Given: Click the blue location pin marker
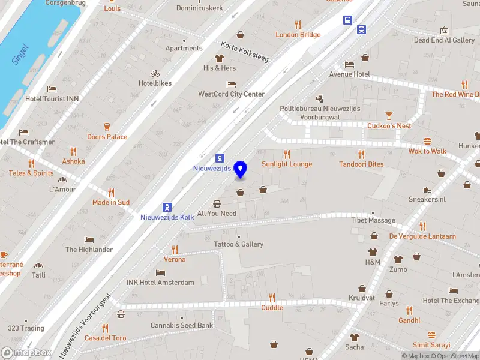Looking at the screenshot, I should click(241, 170).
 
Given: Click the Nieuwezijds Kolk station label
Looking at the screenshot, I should click(167, 217).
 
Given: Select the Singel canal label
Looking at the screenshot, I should click(20, 55).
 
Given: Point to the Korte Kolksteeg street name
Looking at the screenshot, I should click(245, 51).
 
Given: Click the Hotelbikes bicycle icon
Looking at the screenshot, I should click(155, 73).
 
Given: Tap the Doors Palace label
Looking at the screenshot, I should click(107, 137).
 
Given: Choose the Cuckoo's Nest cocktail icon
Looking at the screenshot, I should click(389, 115).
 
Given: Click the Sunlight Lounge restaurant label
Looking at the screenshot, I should click(287, 164).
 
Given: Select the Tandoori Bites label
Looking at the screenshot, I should click(361, 164).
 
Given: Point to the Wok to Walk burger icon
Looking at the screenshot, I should click(427, 142).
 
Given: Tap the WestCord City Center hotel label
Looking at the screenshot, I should click(232, 94).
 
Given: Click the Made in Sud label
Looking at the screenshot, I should click(111, 202).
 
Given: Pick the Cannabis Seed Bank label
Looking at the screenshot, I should click(181, 325).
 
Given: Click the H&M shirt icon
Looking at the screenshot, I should click(373, 251).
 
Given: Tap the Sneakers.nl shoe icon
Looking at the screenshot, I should click(427, 190).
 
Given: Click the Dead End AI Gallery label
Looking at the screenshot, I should click(444, 40).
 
